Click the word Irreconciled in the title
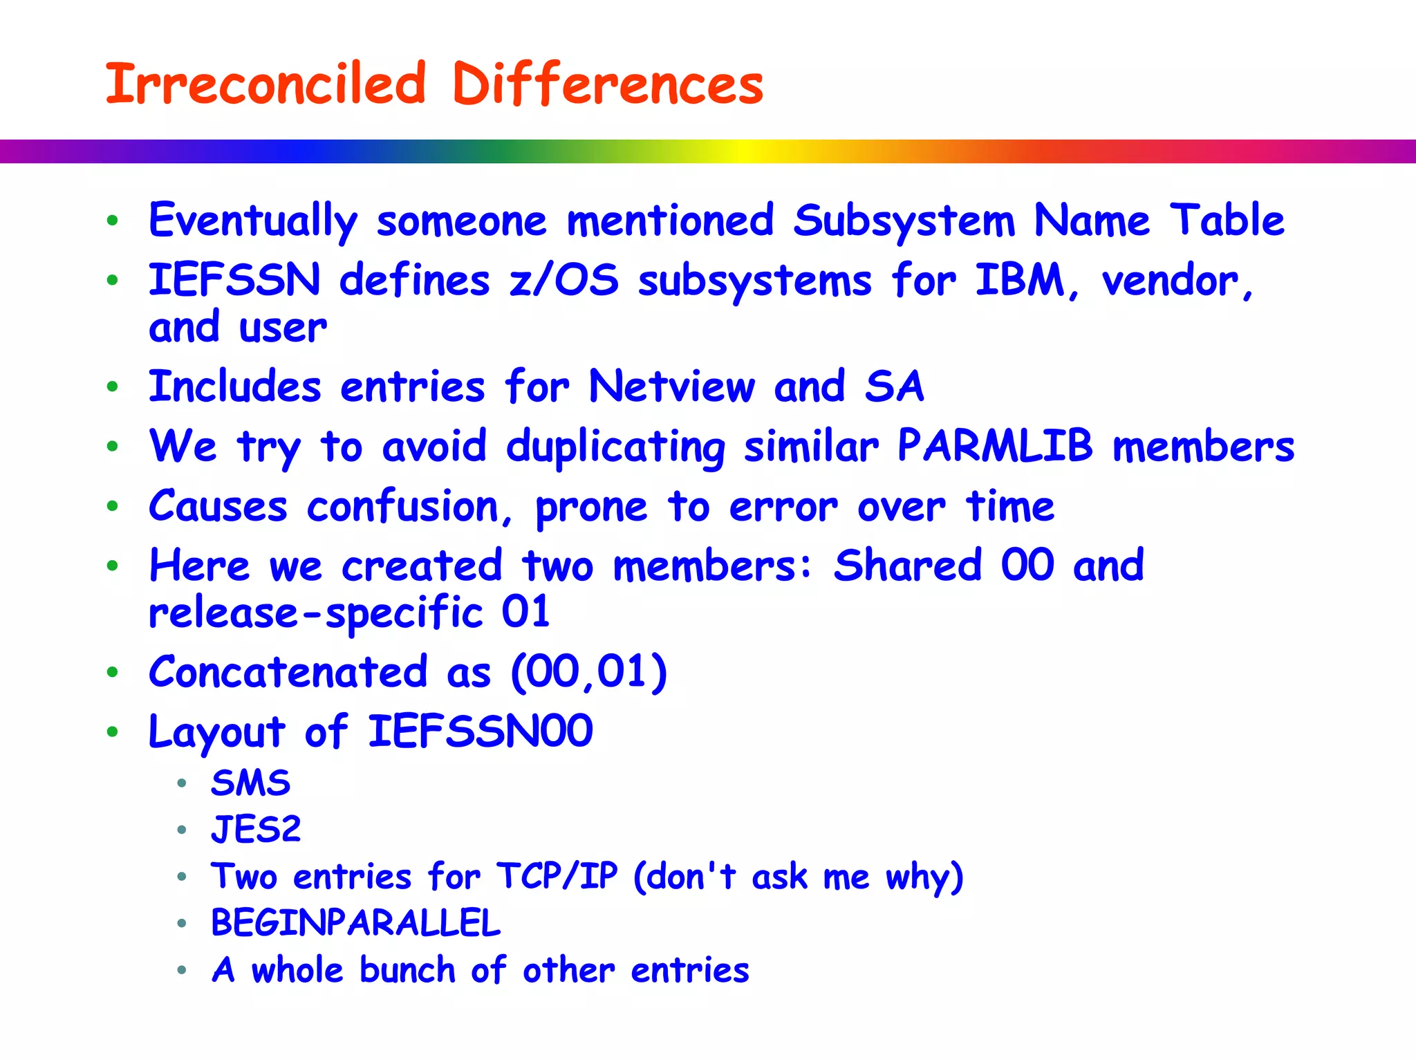click(265, 84)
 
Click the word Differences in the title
click(607, 84)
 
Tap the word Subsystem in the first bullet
click(904, 221)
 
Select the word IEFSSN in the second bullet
click(234, 281)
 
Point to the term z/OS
click(563, 281)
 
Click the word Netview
click(671, 386)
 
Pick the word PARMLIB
click(995, 446)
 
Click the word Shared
click(907, 566)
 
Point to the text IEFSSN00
click(480, 732)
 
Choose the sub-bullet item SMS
click(250, 783)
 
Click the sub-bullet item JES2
click(256, 830)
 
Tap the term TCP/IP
click(557, 877)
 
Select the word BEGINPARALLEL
click(355, 923)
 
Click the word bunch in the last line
click(407, 970)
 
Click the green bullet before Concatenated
click(113, 672)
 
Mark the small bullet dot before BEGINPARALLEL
click(182, 923)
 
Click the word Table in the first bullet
click(1227, 221)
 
